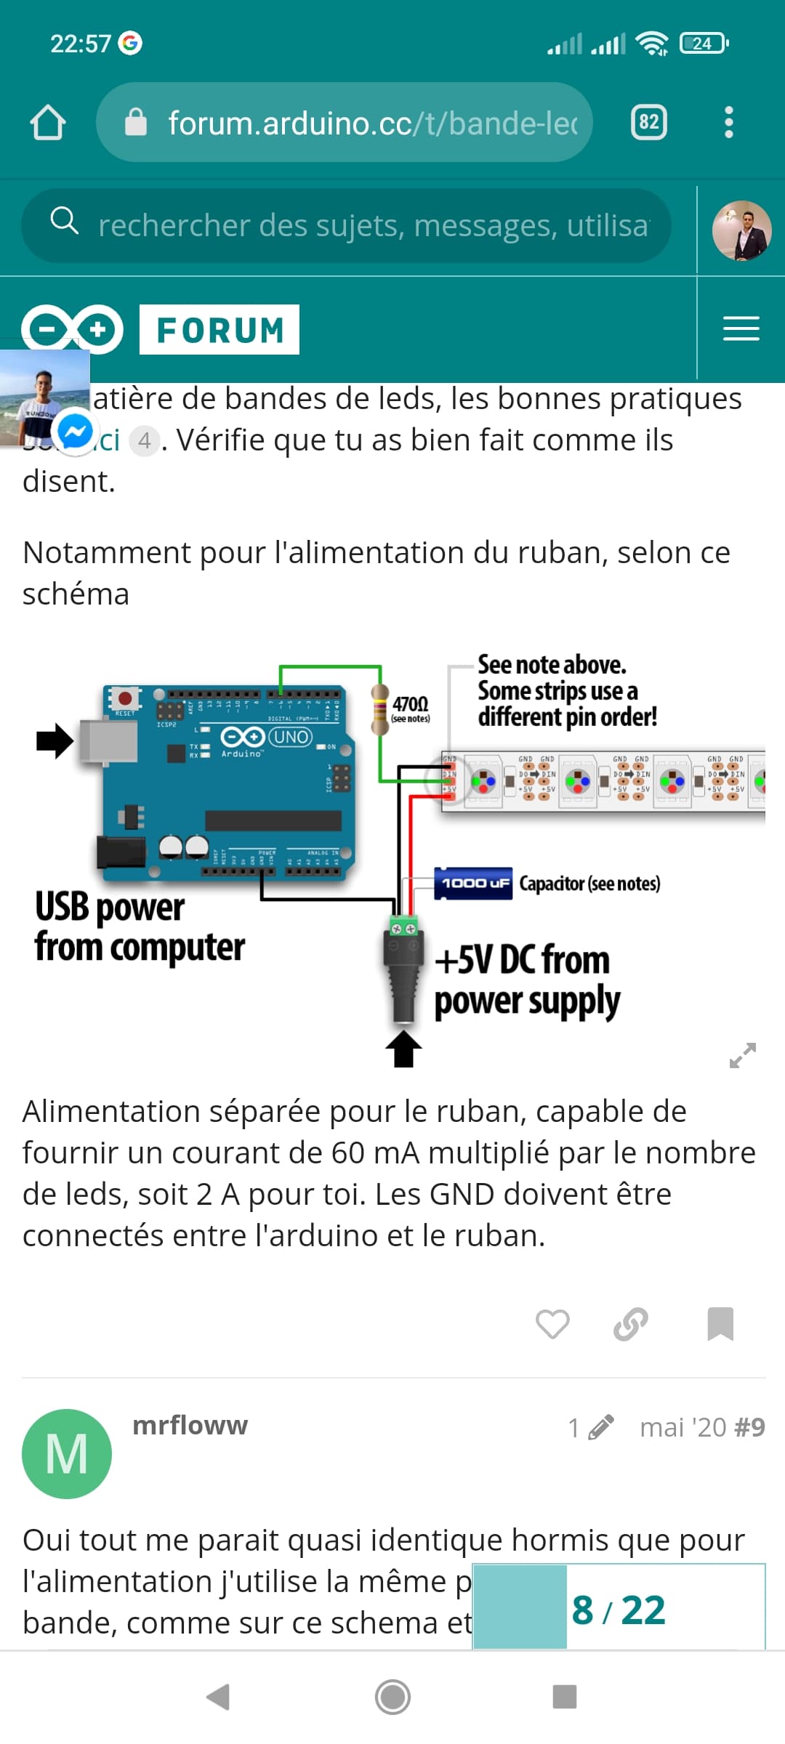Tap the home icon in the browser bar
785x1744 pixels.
[x=48, y=122]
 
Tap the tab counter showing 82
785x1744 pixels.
[x=648, y=122]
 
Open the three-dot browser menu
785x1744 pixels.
[x=729, y=122]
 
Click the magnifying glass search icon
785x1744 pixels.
[x=64, y=220]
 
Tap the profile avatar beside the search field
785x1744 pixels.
[x=741, y=230]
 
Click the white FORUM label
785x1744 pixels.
[x=220, y=330]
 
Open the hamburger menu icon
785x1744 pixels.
[x=741, y=328]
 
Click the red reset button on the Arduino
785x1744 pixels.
[x=125, y=698]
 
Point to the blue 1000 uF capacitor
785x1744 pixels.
[x=473, y=883]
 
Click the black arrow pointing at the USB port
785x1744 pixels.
[x=55, y=740]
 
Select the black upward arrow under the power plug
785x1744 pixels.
[x=403, y=1049]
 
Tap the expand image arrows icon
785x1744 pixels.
[x=742, y=1055]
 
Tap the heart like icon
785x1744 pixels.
[x=552, y=1324]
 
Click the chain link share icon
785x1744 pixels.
[x=631, y=1324]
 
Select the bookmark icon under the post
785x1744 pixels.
[x=720, y=1324]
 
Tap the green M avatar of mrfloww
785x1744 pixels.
[x=67, y=1453]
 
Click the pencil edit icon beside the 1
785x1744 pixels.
[x=601, y=1427]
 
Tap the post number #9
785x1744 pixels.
[x=749, y=1427]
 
